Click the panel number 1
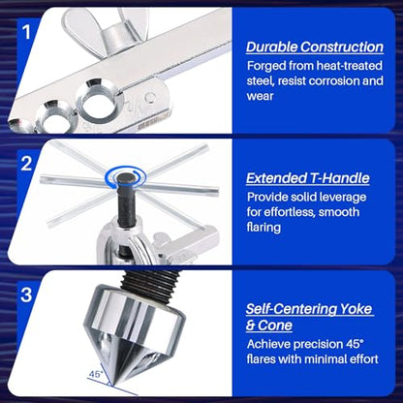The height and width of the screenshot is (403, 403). tap(26, 32)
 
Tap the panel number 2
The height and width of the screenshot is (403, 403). tap(26, 164)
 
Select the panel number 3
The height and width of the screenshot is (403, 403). tap(26, 294)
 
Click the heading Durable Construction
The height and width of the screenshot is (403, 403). tap(315, 47)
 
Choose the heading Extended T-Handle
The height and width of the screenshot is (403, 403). tap(308, 178)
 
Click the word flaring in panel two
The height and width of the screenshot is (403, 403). tap(263, 228)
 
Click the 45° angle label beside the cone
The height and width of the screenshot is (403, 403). tap(96, 374)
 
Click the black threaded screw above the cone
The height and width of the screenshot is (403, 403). tap(152, 283)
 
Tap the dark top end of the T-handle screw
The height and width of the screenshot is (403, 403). tap(125, 177)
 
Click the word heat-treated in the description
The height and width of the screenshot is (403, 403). tap(349, 66)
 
